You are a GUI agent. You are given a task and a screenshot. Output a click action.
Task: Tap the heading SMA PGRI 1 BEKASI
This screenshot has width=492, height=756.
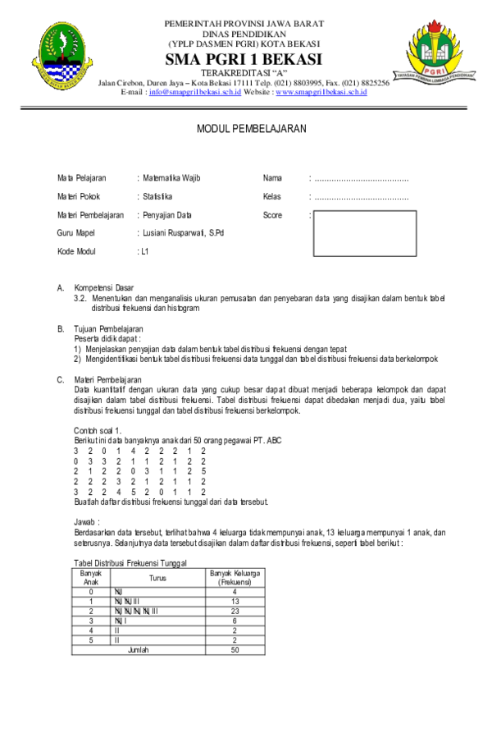(244, 60)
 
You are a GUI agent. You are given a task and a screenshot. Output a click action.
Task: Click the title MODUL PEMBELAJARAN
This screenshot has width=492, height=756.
(251, 129)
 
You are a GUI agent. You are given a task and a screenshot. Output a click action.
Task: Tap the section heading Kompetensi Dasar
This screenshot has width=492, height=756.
(103, 288)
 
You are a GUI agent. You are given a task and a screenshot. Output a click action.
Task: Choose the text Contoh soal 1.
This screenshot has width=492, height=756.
(98, 431)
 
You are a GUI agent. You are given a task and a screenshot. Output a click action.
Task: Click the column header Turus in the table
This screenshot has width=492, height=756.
(157, 578)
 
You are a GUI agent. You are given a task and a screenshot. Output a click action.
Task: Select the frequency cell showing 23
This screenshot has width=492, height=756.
(235, 611)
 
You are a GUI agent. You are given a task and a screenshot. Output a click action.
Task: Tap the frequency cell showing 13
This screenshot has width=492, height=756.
(235, 601)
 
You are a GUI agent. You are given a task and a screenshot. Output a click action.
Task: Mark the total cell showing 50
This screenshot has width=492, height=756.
(235, 649)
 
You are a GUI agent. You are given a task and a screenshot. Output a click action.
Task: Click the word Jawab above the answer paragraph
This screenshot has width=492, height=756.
(86, 521)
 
